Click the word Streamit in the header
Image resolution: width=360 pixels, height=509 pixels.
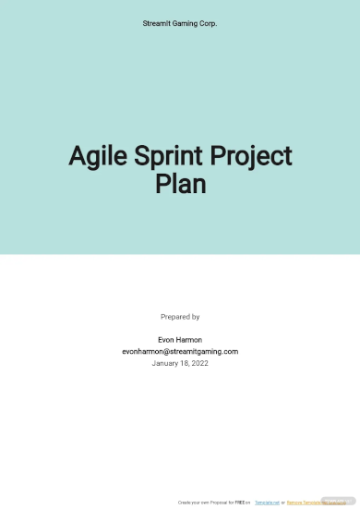[159, 23]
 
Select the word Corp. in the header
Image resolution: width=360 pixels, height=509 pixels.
[209, 23]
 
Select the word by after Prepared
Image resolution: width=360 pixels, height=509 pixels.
[195, 317]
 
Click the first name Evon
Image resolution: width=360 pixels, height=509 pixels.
[167, 339]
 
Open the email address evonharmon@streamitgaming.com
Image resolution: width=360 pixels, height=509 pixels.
[180, 351]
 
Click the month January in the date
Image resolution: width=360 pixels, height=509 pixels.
[167, 364]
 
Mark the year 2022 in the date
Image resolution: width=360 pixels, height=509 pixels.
[200, 364]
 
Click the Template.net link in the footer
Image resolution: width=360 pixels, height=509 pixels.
[267, 502]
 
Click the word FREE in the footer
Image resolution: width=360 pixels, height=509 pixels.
[239, 502]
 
